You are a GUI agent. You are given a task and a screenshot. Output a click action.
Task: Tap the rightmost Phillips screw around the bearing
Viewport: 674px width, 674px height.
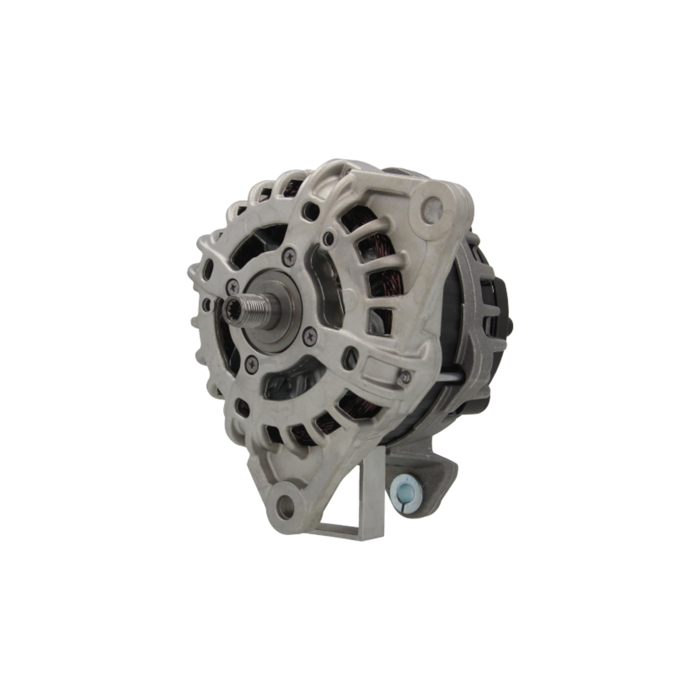[x=309, y=335]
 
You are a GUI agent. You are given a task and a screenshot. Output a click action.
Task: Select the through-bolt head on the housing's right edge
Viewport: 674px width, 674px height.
[x=405, y=377]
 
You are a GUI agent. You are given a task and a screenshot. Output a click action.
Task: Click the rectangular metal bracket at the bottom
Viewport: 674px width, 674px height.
[x=361, y=499]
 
